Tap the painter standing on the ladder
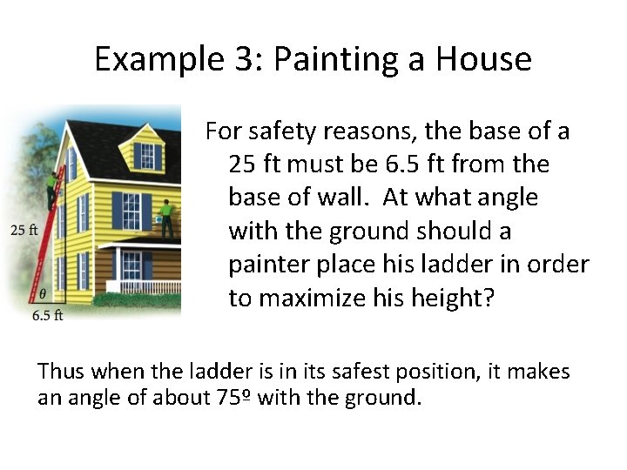pyautogui.click(x=55, y=187)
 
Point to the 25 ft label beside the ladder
pyautogui.click(x=23, y=231)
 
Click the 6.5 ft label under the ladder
pyautogui.click(x=47, y=316)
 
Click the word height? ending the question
pyautogui.click(x=453, y=298)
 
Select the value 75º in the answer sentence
pyautogui.click(x=233, y=399)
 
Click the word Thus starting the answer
pyautogui.click(x=64, y=372)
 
